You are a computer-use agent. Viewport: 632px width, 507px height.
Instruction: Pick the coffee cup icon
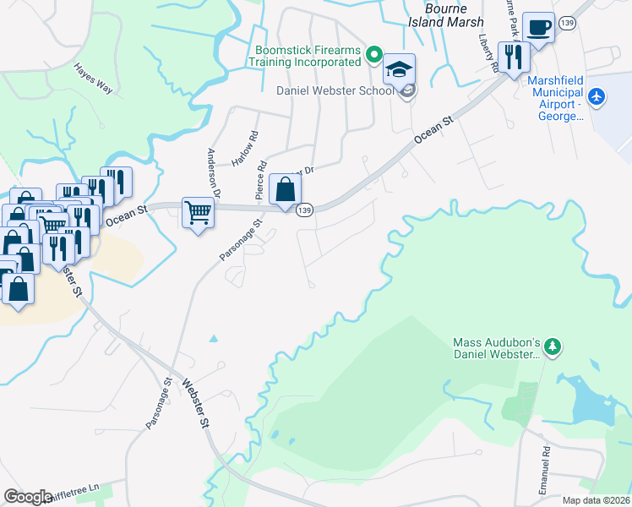coord(538,29)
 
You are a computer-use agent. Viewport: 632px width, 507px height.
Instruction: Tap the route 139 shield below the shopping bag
coord(305,210)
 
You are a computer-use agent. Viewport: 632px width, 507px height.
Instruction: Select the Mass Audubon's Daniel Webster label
coord(496,349)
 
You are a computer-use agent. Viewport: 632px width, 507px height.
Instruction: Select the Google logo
coord(28,497)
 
